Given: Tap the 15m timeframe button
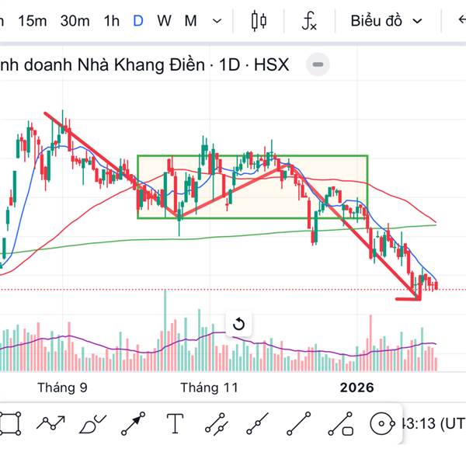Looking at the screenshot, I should pyautogui.click(x=33, y=21).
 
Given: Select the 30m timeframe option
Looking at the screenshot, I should pyautogui.click(x=75, y=21).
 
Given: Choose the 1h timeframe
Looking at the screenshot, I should pyautogui.click(x=112, y=21).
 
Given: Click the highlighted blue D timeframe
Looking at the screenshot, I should pyautogui.click(x=138, y=21).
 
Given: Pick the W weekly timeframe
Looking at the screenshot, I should pyautogui.click(x=164, y=21).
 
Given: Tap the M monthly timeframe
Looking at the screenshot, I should pyautogui.click(x=190, y=21).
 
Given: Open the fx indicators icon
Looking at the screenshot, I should pyautogui.click(x=309, y=21).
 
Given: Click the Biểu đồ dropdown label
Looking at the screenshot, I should pyautogui.click(x=377, y=21).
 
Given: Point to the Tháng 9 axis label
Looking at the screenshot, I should pyautogui.click(x=62, y=387).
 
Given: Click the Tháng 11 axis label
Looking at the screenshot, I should pyautogui.click(x=209, y=387).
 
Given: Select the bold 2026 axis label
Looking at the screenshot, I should pyautogui.click(x=356, y=387).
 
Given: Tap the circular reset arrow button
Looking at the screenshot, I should pyautogui.click(x=238, y=324).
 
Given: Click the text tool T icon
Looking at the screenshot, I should pyautogui.click(x=175, y=424).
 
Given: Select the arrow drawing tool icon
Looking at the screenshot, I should pyautogui.click(x=133, y=424).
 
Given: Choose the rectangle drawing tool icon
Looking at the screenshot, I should pyautogui.click(x=10, y=424).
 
